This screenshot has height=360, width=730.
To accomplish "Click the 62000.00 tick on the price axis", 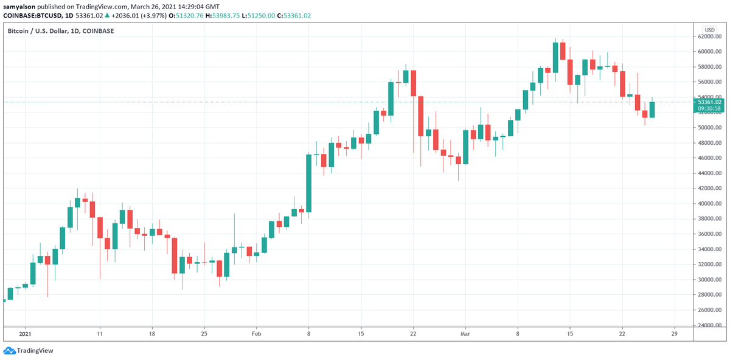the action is pos(709,36).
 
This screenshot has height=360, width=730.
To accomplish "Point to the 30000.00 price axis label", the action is pos(709,280).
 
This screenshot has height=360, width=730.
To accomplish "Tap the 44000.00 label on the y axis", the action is pos(709,173).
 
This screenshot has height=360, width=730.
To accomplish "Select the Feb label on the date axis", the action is pos(257,334).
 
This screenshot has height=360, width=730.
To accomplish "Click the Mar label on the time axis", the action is pos(465,334).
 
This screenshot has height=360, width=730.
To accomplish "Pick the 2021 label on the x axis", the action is pos(25,334).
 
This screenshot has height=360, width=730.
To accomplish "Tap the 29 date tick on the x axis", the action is pos(674,334).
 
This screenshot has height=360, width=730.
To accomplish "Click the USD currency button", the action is pos(709,30).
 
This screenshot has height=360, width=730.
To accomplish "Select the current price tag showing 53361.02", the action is pos(709,105).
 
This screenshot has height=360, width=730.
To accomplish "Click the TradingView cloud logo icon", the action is pos(9,350).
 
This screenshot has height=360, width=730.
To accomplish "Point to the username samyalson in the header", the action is pos(19,7).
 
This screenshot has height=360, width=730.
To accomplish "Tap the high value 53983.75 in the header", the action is pos(226,16).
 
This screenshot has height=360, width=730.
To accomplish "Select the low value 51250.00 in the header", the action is pos(261,16).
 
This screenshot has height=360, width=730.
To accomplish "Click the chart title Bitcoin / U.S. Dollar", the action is pos(38,31).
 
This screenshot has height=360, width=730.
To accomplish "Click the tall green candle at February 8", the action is pos(308,183).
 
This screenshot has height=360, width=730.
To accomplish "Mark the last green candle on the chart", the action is pos(652,109).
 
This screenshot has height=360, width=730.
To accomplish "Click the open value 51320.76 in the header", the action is pos(189,16).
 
